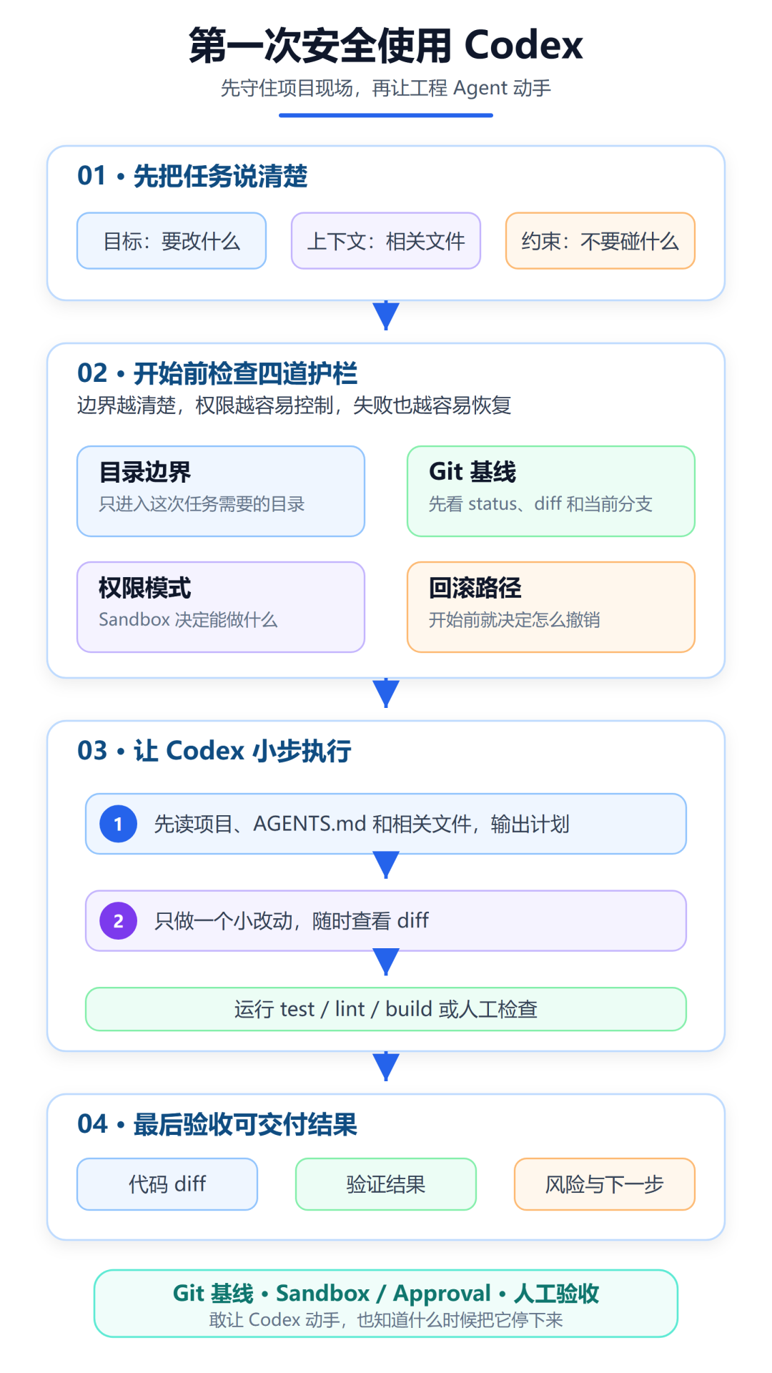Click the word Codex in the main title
point(523,45)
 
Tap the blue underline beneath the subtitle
point(386,115)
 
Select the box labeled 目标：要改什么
point(172,241)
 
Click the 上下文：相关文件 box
point(386,241)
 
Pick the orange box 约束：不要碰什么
point(600,241)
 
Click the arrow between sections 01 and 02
point(386,315)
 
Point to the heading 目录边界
point(145,472)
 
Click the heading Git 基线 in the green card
point(472,472)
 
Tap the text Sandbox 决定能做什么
point(188,619)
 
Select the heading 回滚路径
point(475,588)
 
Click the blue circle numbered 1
point(119,824)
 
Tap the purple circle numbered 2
point(119,920)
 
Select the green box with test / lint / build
point(386,1009)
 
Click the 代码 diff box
point(167,1184)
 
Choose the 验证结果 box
point(386,1184)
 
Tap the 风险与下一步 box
point(605,1184)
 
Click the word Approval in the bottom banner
point(442,1294)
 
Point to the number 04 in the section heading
point(92,1124)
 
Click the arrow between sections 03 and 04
point(386,1066)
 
